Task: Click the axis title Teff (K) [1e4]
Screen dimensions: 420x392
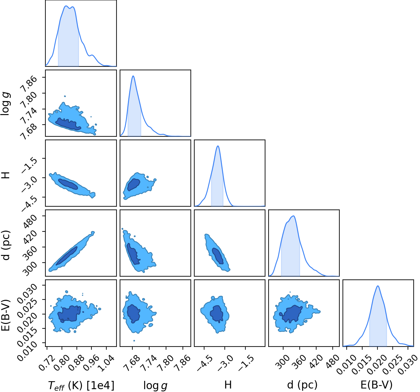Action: (81, 385)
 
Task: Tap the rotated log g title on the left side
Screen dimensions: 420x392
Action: (5, 103)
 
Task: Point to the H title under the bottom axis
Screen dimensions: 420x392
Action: (228, 385)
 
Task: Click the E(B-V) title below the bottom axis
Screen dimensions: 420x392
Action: (377, 385)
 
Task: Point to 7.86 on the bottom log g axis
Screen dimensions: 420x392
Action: (182, 363)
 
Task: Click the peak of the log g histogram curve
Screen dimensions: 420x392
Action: (133, 76)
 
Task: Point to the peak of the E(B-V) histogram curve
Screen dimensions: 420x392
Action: (378, 286)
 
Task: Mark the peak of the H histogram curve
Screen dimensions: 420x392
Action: (218, 146)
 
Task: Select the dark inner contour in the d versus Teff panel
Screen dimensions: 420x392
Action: (67, 256)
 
